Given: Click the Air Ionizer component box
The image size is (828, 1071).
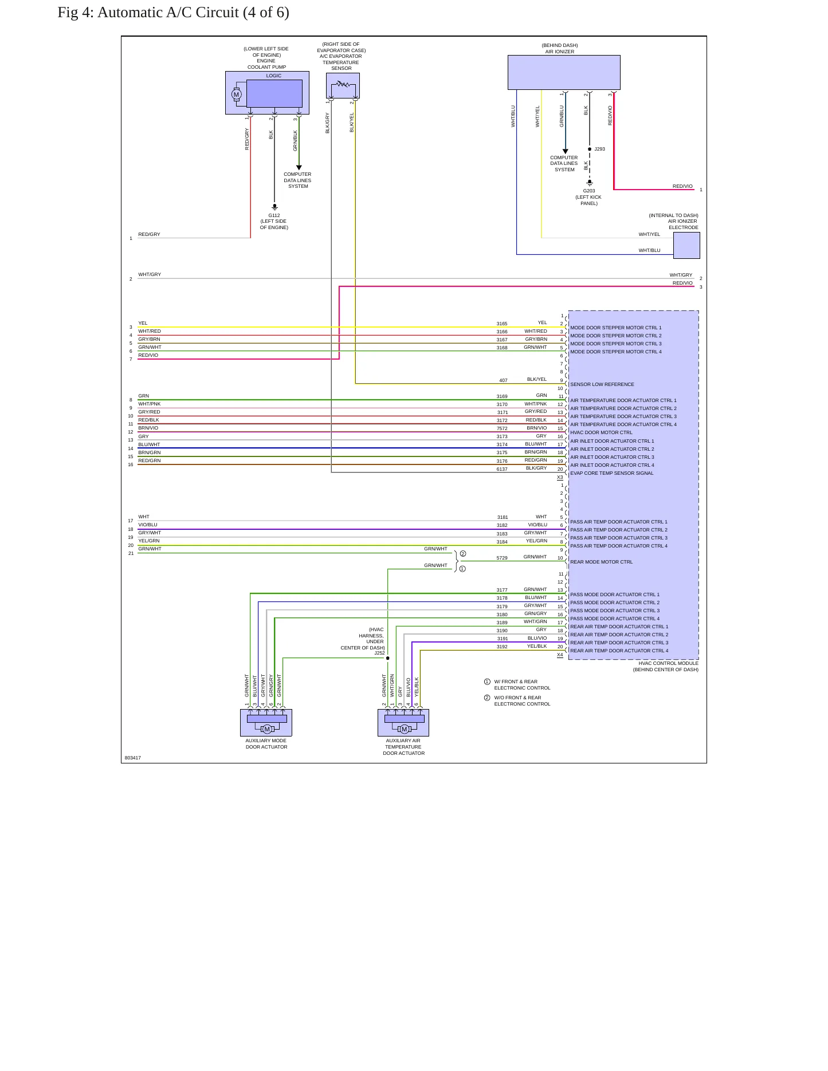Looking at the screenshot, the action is pos(564,72).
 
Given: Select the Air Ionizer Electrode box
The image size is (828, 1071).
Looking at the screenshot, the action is pos(686,245).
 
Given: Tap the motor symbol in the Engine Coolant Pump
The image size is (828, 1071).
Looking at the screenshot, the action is pos(236,94).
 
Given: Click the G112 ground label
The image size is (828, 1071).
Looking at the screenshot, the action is pos(274,215).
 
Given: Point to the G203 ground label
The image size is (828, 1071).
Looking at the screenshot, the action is pos(589,191).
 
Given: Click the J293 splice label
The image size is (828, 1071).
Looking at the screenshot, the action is pos(599,149).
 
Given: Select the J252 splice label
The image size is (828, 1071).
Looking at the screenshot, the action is pos(379,653).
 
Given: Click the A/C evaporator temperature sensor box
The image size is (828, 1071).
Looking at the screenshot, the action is pos(343,85).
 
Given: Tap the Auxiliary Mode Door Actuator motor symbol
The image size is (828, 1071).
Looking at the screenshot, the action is pos(266,729).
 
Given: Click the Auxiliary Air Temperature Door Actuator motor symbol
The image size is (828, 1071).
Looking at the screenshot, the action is pos(405,729).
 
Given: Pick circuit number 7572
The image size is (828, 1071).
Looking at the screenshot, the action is pos(502,428).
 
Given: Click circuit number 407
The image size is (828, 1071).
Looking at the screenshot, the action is pos(503,380).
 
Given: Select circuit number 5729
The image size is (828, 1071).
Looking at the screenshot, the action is pos(502,558).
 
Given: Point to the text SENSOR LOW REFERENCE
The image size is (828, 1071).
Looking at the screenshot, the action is pos(602,384).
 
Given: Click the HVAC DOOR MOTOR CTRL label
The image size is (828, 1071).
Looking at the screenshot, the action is pos(601,432).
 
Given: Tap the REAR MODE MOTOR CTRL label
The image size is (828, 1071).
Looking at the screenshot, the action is pos(602,562).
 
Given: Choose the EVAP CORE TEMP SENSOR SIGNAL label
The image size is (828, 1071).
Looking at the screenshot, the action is pos(612,473).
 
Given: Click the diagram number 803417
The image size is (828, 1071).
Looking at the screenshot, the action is pos(132,758).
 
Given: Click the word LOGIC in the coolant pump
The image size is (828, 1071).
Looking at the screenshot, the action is pos(274,76).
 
